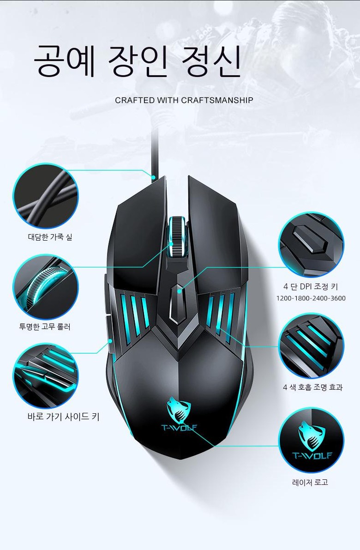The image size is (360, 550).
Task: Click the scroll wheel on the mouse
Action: [177, 236]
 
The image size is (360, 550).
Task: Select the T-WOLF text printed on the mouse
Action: [179, 427]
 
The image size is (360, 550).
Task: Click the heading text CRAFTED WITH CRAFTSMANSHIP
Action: [184, 100]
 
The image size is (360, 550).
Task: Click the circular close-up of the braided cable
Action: [46, 196]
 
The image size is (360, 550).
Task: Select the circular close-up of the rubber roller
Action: [46, 287]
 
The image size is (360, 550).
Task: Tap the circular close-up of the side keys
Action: [46, 375]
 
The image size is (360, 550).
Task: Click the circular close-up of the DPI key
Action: [311, 245]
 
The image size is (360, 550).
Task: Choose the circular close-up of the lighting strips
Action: [311, 346]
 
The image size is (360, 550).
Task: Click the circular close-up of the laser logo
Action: [311, 440]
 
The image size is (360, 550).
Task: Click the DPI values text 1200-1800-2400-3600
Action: [311, 298]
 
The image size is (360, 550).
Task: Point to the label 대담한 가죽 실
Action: [50, 237]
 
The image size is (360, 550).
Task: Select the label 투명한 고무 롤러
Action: [45, 327]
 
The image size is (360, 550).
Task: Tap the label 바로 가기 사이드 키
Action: [63, 417]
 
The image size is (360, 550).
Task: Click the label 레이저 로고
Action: [310, 482]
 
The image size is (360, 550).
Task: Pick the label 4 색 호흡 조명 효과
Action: [312, 387]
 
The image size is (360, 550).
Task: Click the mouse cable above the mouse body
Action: [154, 155]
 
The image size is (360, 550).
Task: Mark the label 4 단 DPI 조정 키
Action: [311, 287]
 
